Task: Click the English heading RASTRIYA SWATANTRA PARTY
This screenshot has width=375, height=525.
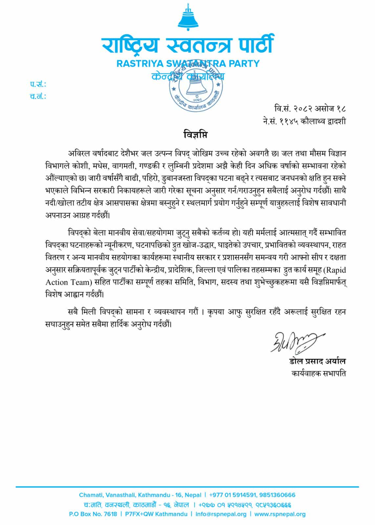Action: (188, 63)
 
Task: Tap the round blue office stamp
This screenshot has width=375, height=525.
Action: (196, 86)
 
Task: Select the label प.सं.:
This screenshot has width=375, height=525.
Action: (38, 85)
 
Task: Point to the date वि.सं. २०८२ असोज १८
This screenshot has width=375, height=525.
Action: (310, 108)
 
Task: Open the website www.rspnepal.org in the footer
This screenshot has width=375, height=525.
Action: (280, 514)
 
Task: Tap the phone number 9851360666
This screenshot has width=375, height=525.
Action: (277, 495)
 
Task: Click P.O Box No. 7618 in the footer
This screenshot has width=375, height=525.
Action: (93, 514)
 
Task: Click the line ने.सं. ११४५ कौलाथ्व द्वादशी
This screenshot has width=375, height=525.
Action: (304, 121)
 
